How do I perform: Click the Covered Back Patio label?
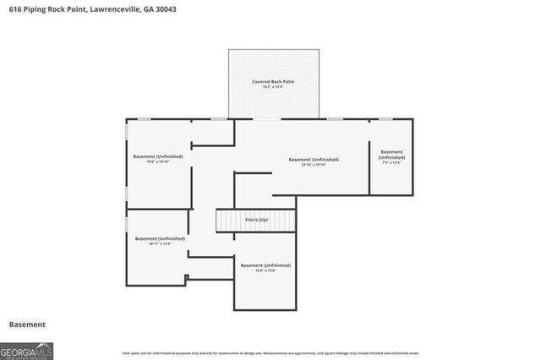tap(273, 81)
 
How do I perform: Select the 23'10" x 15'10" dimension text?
tap(314, 165)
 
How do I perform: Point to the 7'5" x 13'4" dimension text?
tap(391, 163)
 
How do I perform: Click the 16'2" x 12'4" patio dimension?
tap(273, 87)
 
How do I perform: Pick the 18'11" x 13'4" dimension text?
tap(158, 244)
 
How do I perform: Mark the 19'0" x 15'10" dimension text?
tap(158, 161)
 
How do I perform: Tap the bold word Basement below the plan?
tap(27, 325)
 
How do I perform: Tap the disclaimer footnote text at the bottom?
tap(270, 352)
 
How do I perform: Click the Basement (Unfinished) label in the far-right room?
tap(391, 155)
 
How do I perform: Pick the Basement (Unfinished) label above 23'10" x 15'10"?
tap(314, 159)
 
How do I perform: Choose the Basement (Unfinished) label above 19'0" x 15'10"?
tap(158, 155)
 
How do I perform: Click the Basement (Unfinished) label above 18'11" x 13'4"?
tap(158, 238)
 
